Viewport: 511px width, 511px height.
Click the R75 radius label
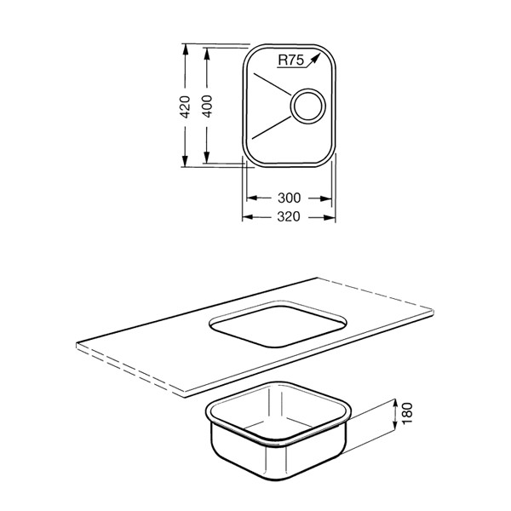click(x=290, y=60)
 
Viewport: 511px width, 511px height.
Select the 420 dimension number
click(x=185, y=107)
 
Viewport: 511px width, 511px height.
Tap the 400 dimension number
click(x=207, y=106)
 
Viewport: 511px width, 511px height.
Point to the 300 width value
click(x=289, y=198)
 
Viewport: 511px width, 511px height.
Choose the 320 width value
click(x=289, y=216)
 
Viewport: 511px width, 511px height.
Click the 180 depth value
click(x=407, y=414)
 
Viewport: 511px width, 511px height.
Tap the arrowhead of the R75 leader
click(x=315, y=59)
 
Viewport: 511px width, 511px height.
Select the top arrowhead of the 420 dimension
click(x=185, y=49)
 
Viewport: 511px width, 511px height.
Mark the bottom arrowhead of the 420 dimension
click(x=185, y=161)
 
